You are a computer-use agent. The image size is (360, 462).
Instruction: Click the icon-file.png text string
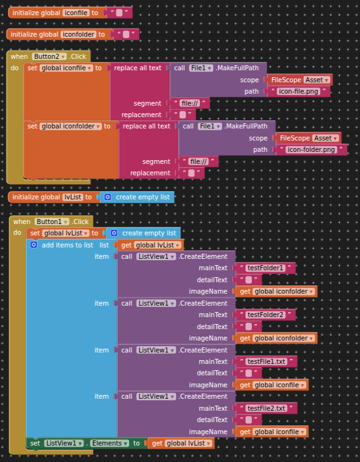[x=299, y=91]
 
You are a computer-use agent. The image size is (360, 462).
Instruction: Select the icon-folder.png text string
[x=311, y=150]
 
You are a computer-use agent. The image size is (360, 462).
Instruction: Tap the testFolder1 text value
[x=265, y=268]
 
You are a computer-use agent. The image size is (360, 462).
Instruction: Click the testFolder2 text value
[x=265, y=315]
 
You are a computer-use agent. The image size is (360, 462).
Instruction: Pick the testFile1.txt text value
[x=266, y=361]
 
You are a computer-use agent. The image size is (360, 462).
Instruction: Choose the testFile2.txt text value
[x=266, y=408]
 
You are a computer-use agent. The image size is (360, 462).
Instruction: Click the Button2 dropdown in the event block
[x=49, y=56]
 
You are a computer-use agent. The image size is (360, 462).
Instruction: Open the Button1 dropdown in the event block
[x=52, y=222]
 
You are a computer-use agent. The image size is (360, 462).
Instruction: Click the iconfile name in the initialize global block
[x=76, y=13]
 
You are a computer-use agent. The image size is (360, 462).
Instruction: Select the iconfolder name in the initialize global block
[x=78, y=34]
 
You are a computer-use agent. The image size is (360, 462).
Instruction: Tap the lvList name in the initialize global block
[x=73, y=197]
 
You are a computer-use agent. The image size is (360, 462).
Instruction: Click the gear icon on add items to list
[x=34, y=245]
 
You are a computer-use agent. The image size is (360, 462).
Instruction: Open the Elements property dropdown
[x=109, y=443]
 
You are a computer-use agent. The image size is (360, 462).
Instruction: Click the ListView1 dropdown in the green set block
[x=64, y=443]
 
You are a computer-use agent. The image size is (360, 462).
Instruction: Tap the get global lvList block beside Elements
[x=181, y=443]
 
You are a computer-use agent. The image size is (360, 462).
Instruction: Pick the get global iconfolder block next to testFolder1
[x=276, y=291]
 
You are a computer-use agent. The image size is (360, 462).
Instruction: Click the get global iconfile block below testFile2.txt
[x=272, y=432]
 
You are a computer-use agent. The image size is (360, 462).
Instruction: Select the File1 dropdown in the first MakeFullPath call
[x=201, y=68]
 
